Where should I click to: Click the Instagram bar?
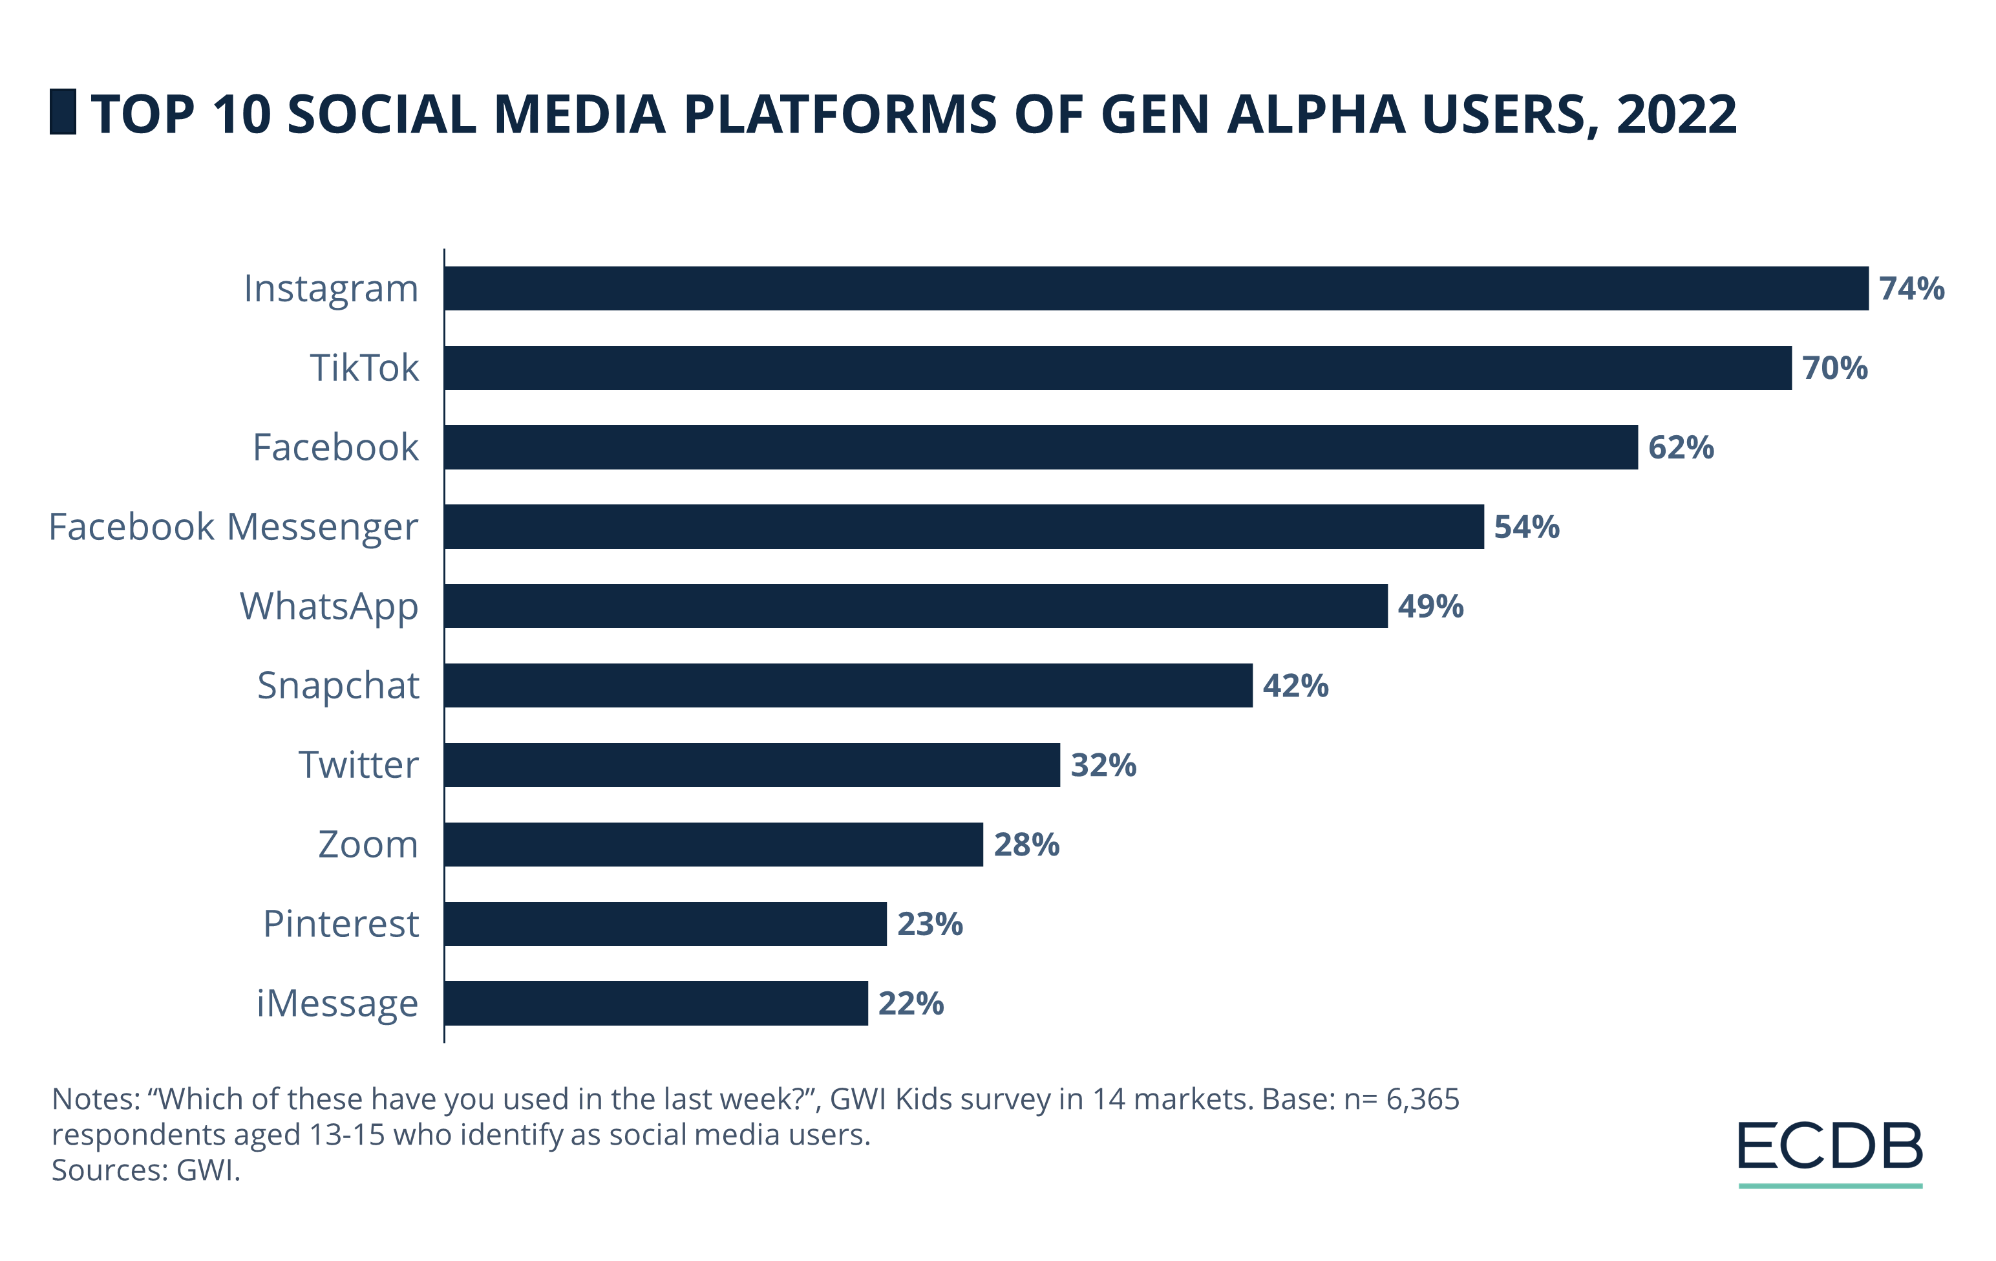pos(1156,288)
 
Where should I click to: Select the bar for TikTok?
pos(1118,368)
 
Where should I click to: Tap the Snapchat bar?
pos(848,685)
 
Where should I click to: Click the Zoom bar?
pos(713,845)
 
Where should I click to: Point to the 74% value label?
pos(1911,288)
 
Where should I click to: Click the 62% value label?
pos(1680,447)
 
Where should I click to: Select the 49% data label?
pos(1430,606)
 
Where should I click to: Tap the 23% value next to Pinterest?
pos(929,924)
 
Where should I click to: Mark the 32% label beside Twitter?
pos(1103,765)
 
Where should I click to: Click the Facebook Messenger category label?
pos(233,527)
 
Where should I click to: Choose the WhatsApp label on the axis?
pos(329,607)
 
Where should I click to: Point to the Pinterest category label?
pos(341,923)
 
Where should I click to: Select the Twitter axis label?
pos(358,764)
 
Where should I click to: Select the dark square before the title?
pos(63,112)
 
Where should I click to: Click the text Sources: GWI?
pos(146,1170)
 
